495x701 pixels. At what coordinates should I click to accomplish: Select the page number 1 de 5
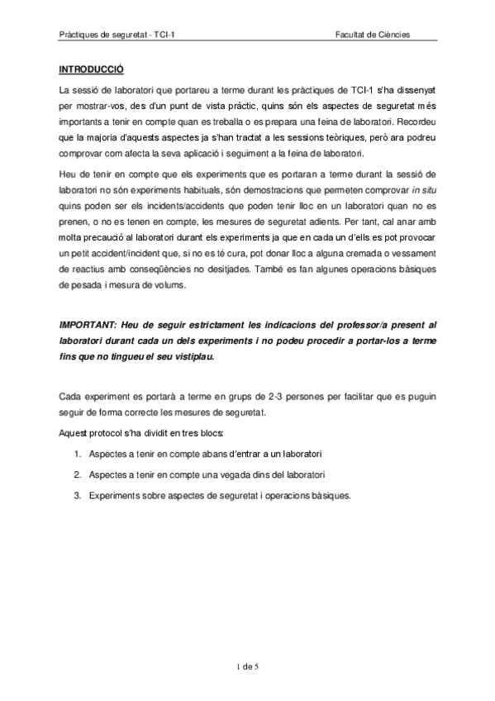[248, 665]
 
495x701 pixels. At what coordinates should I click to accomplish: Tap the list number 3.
[76, 496]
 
